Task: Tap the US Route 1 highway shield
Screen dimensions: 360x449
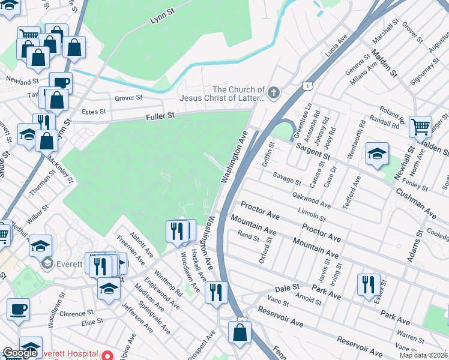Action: coord(307,86)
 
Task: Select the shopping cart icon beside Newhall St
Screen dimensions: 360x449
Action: coord(420,127)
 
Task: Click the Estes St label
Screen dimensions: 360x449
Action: coord(94,112)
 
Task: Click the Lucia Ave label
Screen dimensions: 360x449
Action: coord(336,47)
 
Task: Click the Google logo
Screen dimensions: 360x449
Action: coord(20,353)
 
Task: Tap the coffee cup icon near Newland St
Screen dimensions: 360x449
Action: coord(60,82)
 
